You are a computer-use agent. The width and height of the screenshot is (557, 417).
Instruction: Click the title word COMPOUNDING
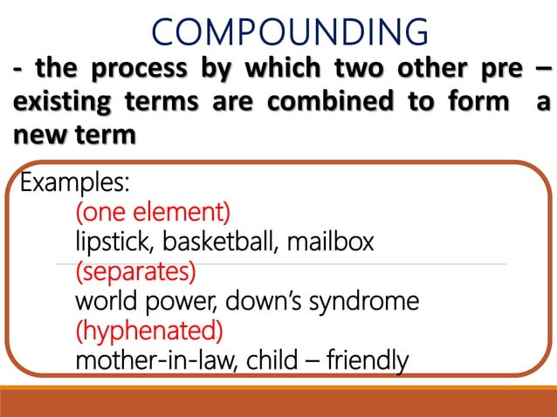tap(290, 32)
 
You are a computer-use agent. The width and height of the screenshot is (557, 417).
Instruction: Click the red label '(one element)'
tap(153, 212)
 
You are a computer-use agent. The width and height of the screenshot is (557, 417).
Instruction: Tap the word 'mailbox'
tap(333, 242)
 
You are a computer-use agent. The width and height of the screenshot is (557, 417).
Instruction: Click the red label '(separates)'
tap(135, 271)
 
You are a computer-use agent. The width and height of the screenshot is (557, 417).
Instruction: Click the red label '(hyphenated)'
tap(149, 332)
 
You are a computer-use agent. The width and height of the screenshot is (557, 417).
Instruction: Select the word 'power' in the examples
tap(182, 302)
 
